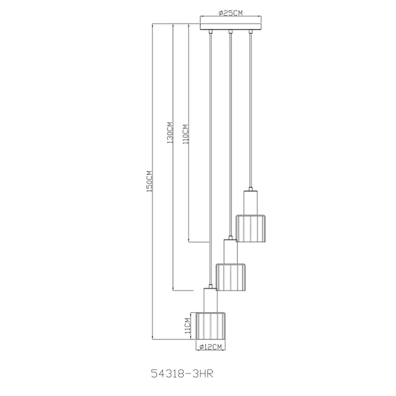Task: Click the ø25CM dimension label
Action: click(231, 13)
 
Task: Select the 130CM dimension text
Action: click(170, 133)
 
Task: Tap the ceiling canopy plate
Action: click(231, 27)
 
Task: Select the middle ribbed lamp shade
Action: click(231, 277)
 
